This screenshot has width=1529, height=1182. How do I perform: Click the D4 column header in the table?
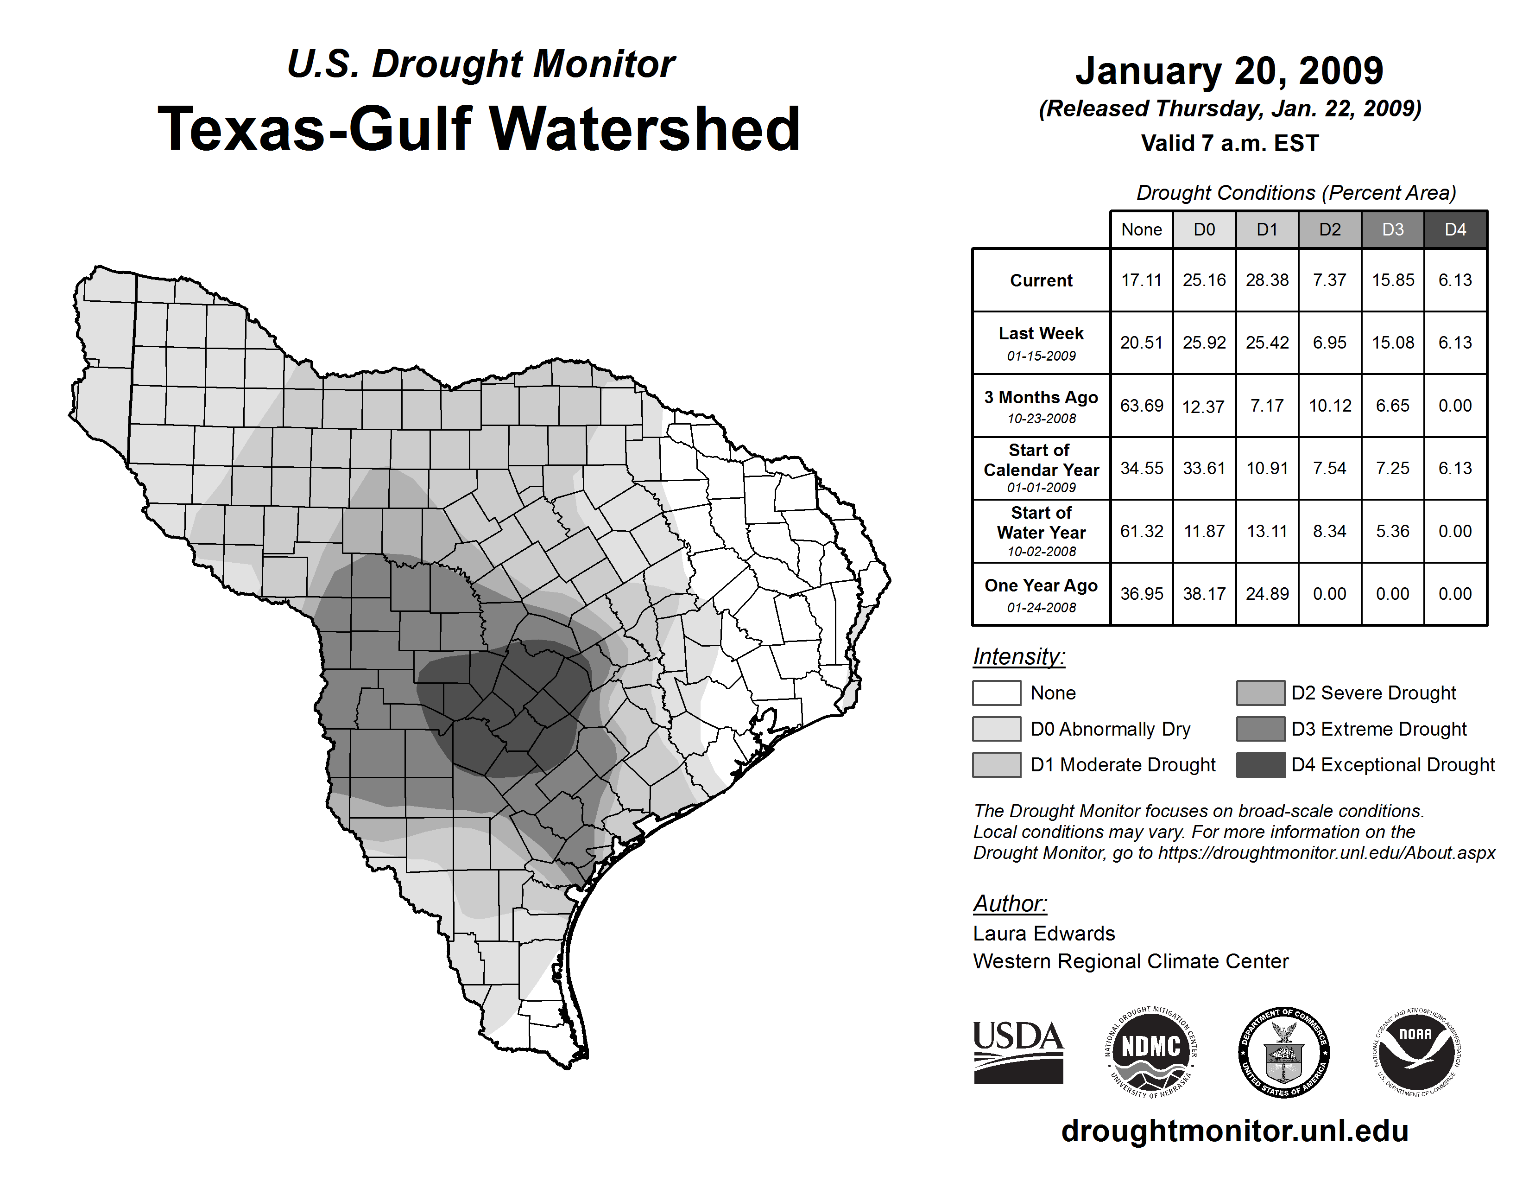coord(1455,229)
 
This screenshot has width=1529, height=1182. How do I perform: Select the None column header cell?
coord(1141,229)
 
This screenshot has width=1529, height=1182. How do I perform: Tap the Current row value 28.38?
coord(1266,280)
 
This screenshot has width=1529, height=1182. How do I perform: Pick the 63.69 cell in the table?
coord(1141,406)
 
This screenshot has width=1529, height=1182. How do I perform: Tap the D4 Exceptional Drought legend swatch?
coord(1260,765)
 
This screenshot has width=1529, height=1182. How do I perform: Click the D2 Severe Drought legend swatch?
coord(1260,693)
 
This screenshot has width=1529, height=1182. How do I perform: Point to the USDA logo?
coord(1018,1052)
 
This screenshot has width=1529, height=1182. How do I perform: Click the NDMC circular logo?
coord(1151,1052)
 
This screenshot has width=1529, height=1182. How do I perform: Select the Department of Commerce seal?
coord(1283,1052)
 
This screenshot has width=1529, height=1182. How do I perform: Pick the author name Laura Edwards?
coord(1044,934)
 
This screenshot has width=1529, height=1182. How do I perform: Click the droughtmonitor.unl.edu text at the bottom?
coord(1235,1131)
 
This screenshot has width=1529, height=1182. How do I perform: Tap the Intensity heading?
coord(1018,657)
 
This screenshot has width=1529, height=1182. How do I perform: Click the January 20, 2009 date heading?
coord(1229,71)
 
